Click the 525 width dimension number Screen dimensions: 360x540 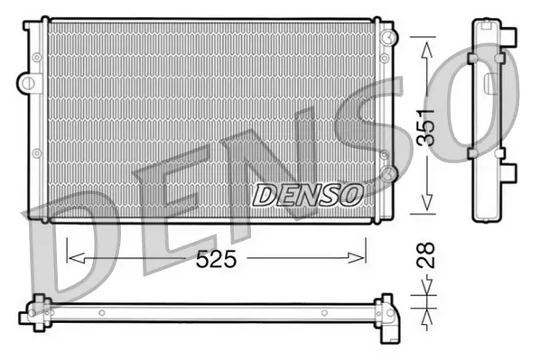[x=218, y=259]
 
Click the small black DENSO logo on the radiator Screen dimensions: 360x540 [x=307, y=193]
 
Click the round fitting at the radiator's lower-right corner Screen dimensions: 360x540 [x=387, y=171]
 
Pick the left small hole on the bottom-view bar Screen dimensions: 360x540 [x=102, y=313]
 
